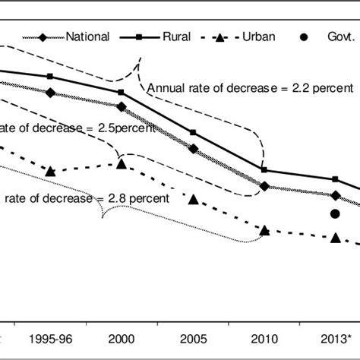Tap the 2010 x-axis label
coord(264,337)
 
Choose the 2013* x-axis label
coord(335,337)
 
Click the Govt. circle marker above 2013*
coord(335,214)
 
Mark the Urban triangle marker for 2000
coord(122,163)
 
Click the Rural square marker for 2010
coord(264,170)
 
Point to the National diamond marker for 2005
coord(193,150)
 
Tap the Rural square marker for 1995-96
coord(51,77)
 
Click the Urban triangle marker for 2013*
coord(335,238)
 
